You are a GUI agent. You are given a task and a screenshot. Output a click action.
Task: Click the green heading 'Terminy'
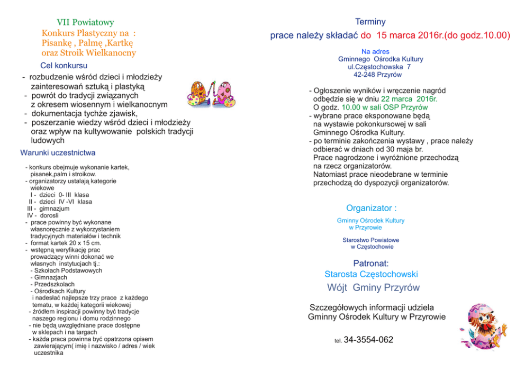point(370,22)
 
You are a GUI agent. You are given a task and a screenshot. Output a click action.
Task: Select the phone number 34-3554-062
point(368,340)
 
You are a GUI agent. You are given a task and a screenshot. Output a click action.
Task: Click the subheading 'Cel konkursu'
point(64,66)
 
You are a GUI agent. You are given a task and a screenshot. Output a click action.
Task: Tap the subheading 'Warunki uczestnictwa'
point(58,153)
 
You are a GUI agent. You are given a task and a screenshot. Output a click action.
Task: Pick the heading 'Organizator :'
point(371,208)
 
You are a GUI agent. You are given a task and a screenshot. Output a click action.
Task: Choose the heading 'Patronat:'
point(371,263)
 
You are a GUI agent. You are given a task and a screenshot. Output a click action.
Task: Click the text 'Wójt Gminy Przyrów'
point(373,288)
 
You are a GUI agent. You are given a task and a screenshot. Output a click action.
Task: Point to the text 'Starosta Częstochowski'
point(371,274)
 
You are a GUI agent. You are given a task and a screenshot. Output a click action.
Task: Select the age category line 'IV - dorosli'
point(43,215)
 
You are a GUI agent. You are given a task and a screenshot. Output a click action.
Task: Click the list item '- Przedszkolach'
point(52,284)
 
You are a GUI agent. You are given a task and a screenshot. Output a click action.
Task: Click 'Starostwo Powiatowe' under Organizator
point(370,240)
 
